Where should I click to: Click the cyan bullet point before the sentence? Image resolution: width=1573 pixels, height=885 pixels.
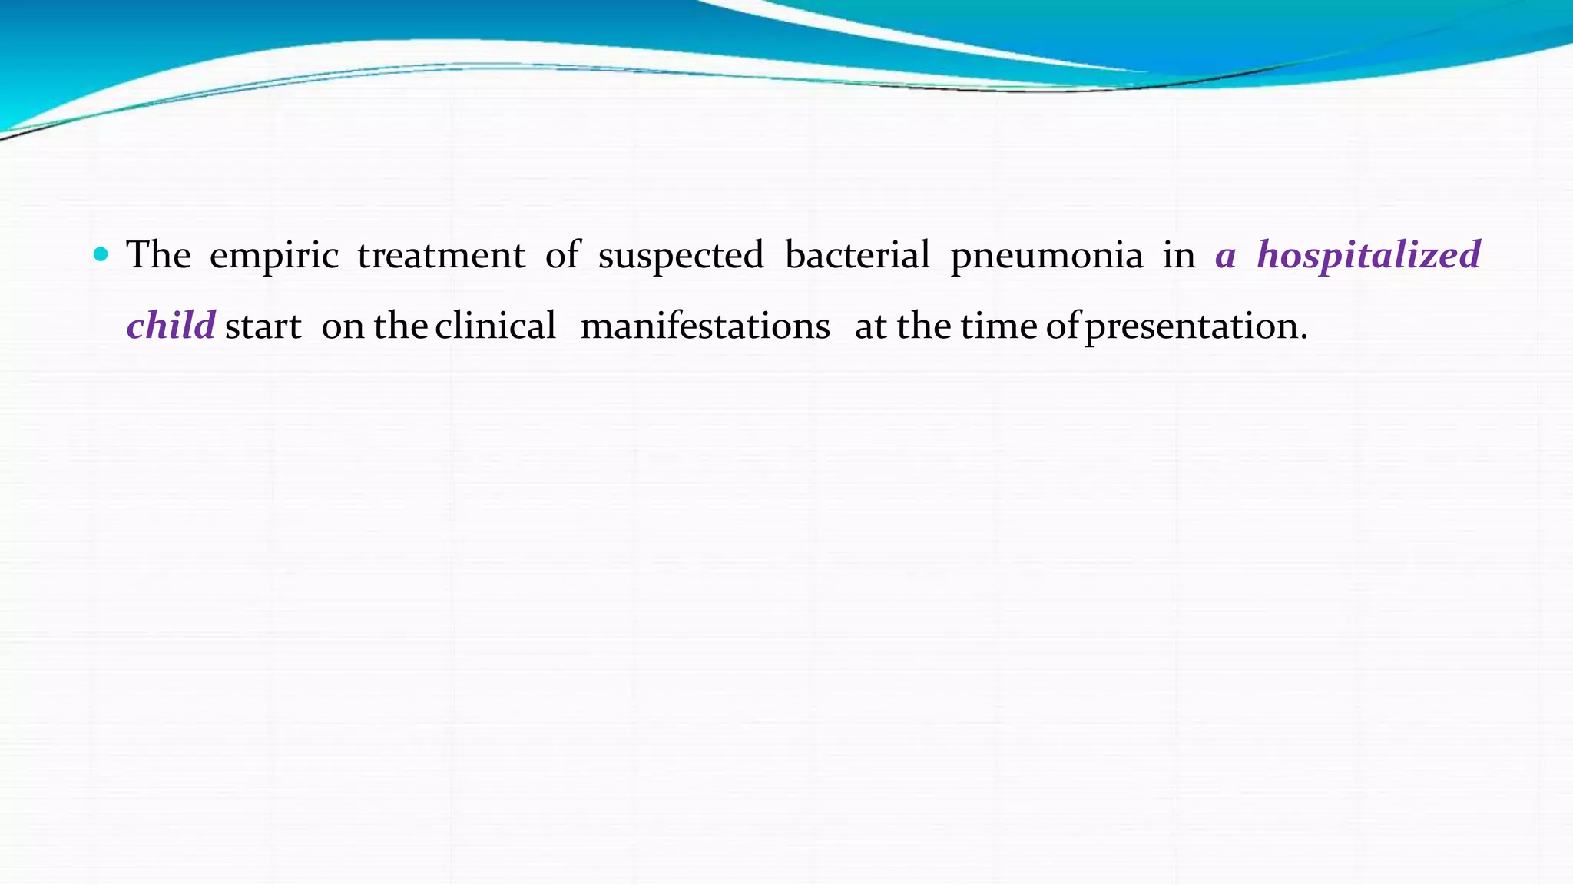coord(101,254)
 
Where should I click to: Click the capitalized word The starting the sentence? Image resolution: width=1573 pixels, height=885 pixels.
coord(158,254)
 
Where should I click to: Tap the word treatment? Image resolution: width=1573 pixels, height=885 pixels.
coord(441,255)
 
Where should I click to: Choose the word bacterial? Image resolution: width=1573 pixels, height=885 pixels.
coord(857,254)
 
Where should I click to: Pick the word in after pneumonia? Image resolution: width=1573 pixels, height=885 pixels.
coord(1178,254)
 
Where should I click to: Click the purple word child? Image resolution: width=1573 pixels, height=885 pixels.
coord(171,326)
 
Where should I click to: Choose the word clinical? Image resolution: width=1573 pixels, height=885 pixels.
coord(495,326)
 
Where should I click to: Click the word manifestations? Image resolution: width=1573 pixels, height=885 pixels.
coord(705,326)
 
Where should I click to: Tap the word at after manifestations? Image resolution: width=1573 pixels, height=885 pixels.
coord(871,326)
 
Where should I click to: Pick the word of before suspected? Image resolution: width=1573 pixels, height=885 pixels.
coord(562,254)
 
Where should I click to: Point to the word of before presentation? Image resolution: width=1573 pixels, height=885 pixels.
coord(1063,326)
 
